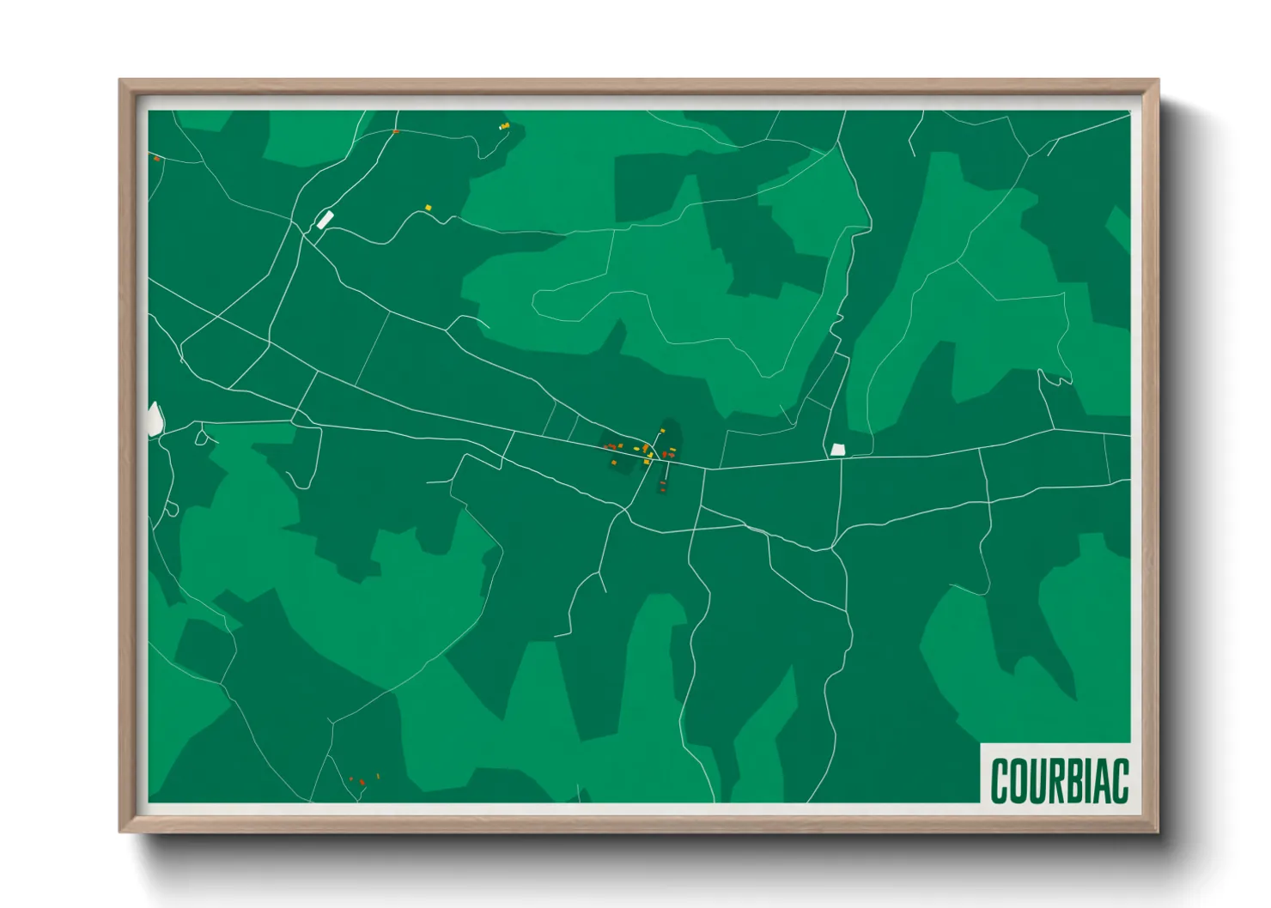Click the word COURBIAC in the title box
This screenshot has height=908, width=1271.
(1059, 781)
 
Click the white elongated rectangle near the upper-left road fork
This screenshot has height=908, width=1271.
(325, 220)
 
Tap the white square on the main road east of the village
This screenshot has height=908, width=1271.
(838, 450)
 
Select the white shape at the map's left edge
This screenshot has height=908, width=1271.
(155, 420)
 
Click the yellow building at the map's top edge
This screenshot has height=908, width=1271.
(505, 126)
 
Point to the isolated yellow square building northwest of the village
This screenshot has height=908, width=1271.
(429, 208)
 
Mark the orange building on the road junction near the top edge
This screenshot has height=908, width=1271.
(395, 132)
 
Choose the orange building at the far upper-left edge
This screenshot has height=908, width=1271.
(156, 159)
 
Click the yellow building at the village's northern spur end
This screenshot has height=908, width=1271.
(662, 430)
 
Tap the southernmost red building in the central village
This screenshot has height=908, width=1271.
(662, 487)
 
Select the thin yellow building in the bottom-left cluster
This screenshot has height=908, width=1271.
(378, 777)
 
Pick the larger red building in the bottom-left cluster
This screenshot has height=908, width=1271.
(362, 782)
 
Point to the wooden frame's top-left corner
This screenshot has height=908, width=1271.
(120, 81)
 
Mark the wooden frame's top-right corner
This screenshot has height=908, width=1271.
(1158, 81)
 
